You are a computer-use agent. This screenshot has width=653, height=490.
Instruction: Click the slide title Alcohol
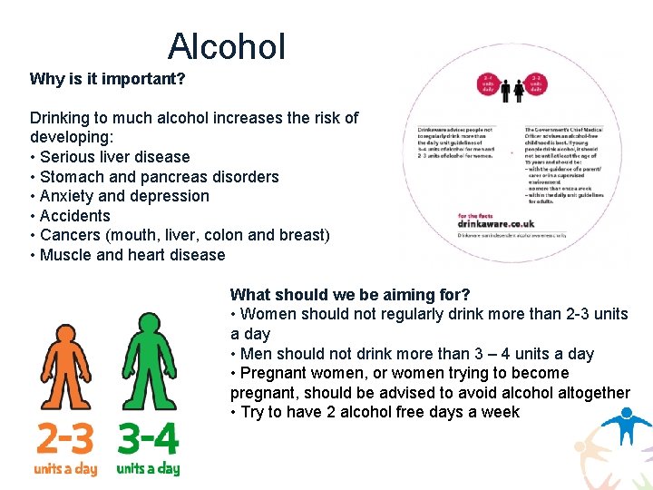tap(227, 46)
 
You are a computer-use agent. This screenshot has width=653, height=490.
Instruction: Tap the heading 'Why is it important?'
tap(107, 79)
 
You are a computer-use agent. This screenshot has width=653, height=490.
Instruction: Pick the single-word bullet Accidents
tap(74, 216)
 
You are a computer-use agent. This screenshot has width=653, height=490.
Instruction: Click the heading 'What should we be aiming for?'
tap(350, 295)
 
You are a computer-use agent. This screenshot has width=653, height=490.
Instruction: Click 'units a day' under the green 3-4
tap(148, 468)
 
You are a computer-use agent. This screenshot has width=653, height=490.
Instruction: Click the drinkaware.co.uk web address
tap(495, 223)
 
